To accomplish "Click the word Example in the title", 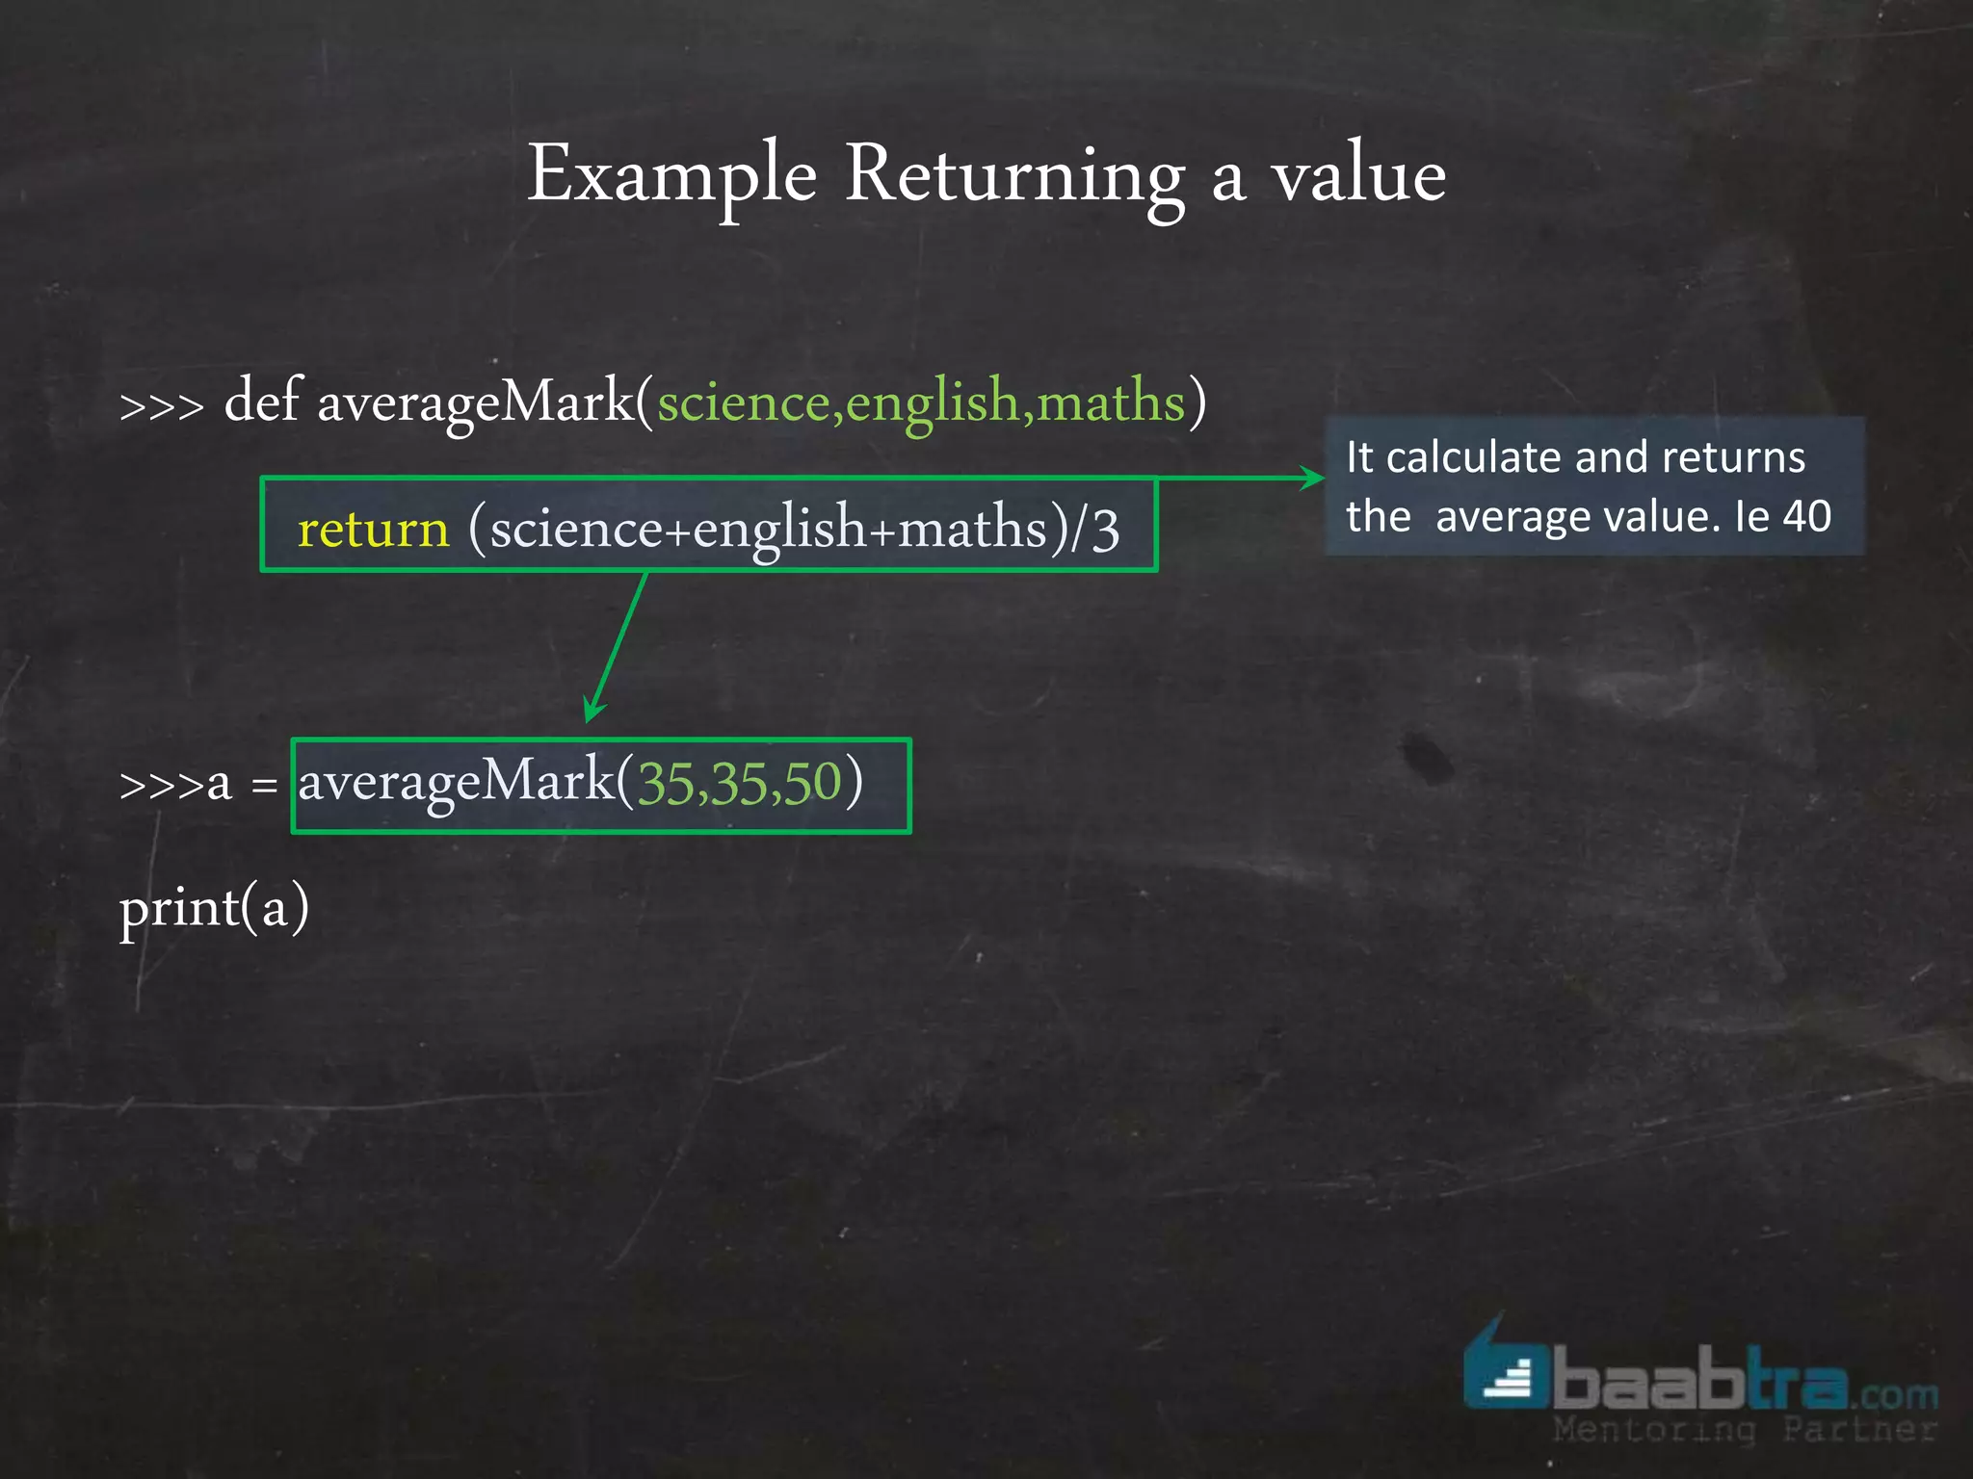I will point(671,175).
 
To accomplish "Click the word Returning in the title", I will point(1014,175).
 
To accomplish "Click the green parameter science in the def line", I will point(743,402).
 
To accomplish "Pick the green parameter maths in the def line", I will point(1111,402).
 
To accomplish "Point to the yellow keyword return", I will point(374,529).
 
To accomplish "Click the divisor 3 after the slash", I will point(1106,530).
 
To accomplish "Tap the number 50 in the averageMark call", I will point(813,782).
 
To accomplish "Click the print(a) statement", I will point(214,907).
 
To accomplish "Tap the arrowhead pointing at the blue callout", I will point(1314,478).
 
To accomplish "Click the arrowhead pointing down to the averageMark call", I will point(593,712).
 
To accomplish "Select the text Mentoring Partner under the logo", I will point(1744,1430).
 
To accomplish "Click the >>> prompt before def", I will point(162,406).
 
